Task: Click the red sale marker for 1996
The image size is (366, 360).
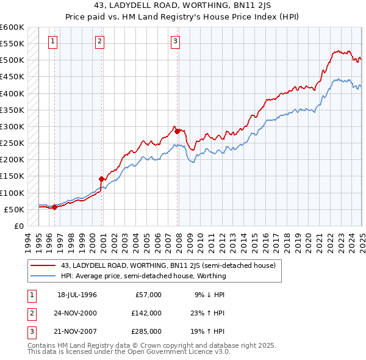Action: [x=54, y=207]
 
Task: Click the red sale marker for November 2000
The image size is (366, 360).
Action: [x=102, y=179]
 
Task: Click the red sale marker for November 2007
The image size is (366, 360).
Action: [x=178, y=131]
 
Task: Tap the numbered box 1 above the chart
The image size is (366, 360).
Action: [x=53, y=41]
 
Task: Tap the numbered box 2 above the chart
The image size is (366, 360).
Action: [x=99, y=41]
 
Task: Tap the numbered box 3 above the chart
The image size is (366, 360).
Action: [x=175, y=41]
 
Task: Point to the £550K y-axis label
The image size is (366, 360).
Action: [x=12, y=44]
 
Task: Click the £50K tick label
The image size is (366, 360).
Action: [x=14, y=209]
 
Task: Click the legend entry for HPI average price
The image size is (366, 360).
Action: [x=143, y=276]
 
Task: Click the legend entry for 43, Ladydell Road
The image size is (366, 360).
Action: [x=168, y=265]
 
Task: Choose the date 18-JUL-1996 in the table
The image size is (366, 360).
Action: [x=77, y=294]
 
